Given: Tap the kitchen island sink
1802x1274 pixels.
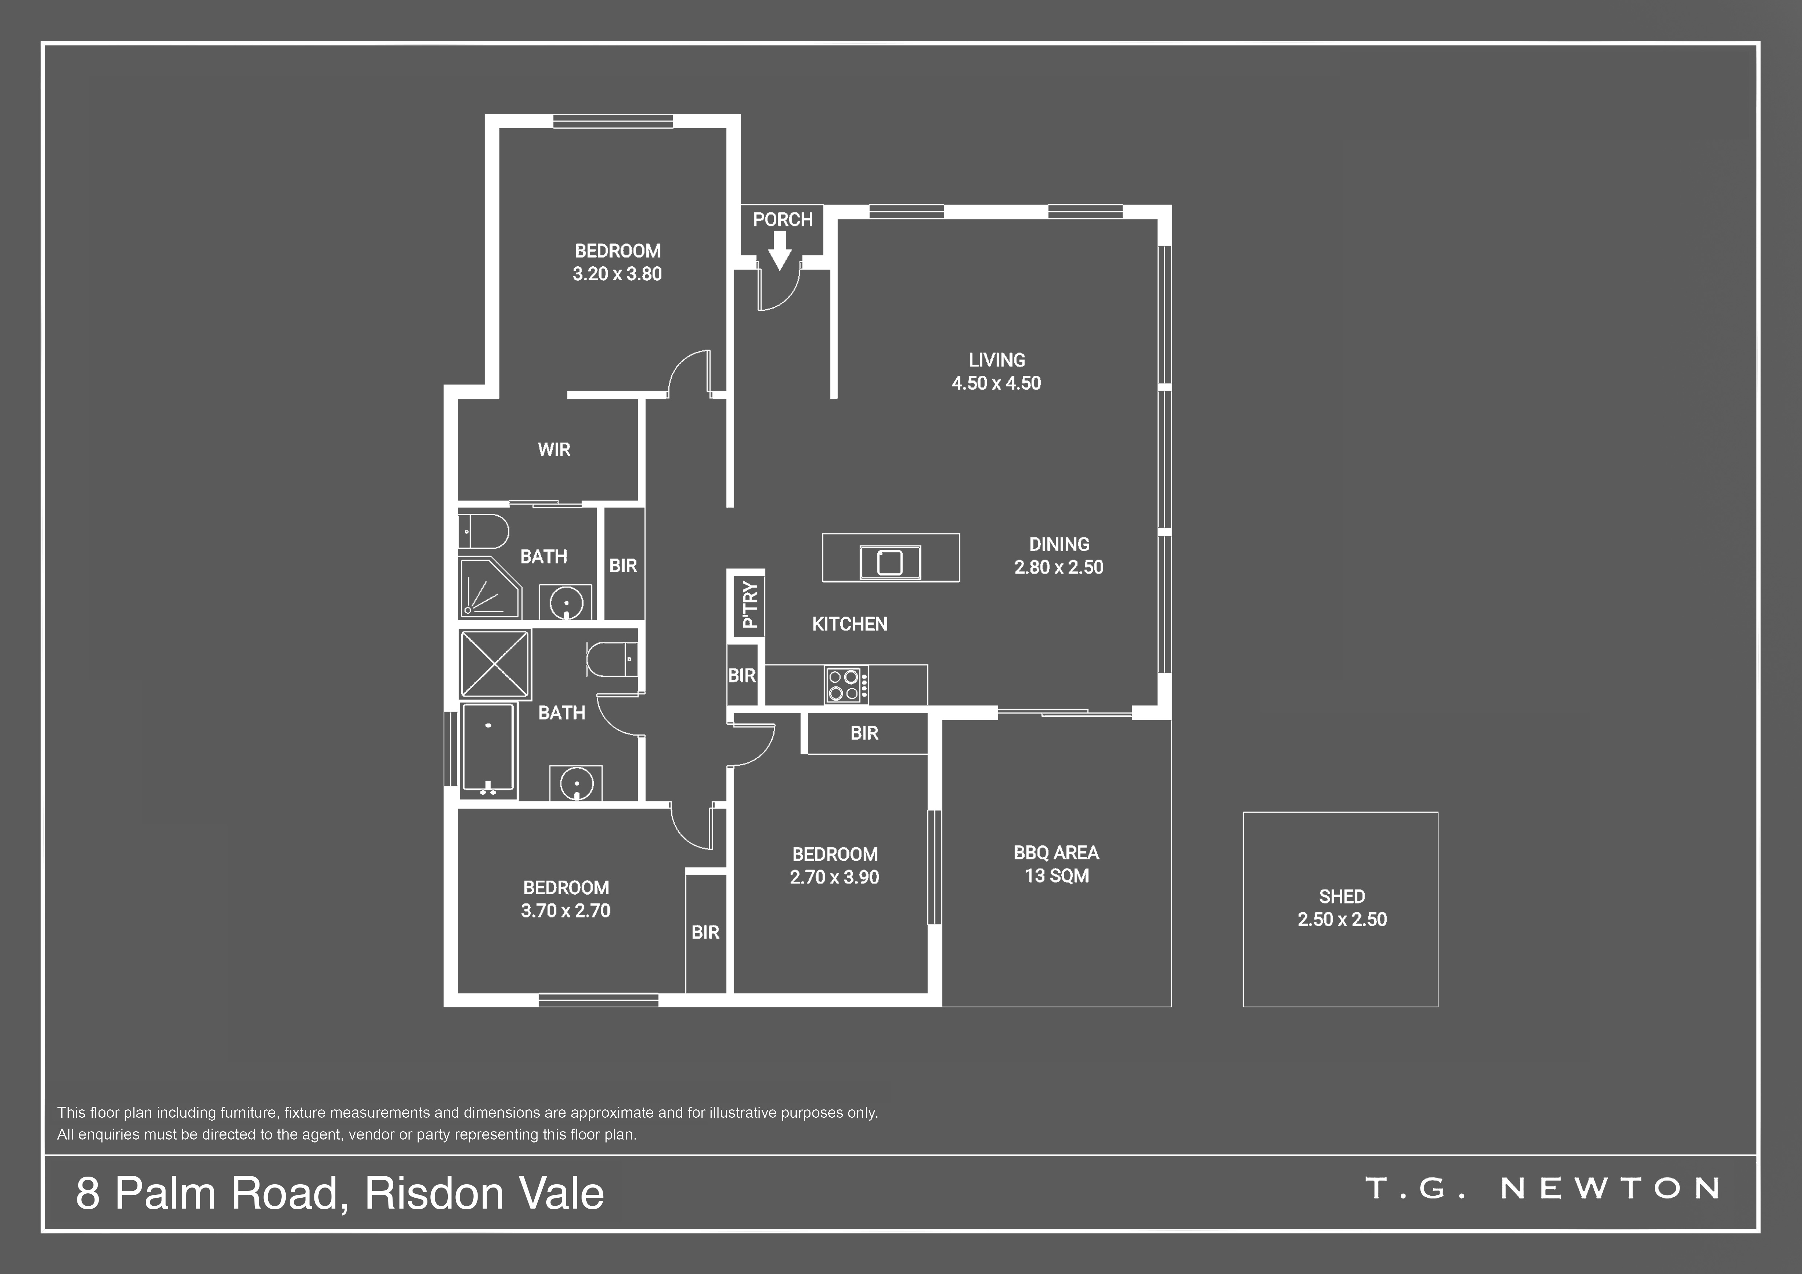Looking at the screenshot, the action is coord(890,562).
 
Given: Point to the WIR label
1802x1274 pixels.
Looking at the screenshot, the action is coord(554,449).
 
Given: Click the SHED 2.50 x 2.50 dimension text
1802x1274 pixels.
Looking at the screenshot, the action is coord(1342,919).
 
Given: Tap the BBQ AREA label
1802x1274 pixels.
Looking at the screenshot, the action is coord(1057,853).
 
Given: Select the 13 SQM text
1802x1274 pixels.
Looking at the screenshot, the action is coord(1057,875).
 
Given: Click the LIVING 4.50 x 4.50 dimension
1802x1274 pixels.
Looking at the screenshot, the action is coord(997,383).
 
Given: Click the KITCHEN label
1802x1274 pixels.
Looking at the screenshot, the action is coord(850,624).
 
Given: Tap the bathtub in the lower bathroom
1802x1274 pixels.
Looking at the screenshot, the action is coord(488,747).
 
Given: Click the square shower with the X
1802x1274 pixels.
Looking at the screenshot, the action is coord(495,664).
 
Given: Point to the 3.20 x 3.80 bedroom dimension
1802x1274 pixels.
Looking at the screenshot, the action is coord(617,274).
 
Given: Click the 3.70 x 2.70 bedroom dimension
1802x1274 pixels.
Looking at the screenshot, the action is coord(566,911).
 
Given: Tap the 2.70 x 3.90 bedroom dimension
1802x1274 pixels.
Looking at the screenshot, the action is coord(834,877).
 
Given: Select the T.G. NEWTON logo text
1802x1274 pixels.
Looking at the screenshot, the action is coord(1543,1189).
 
